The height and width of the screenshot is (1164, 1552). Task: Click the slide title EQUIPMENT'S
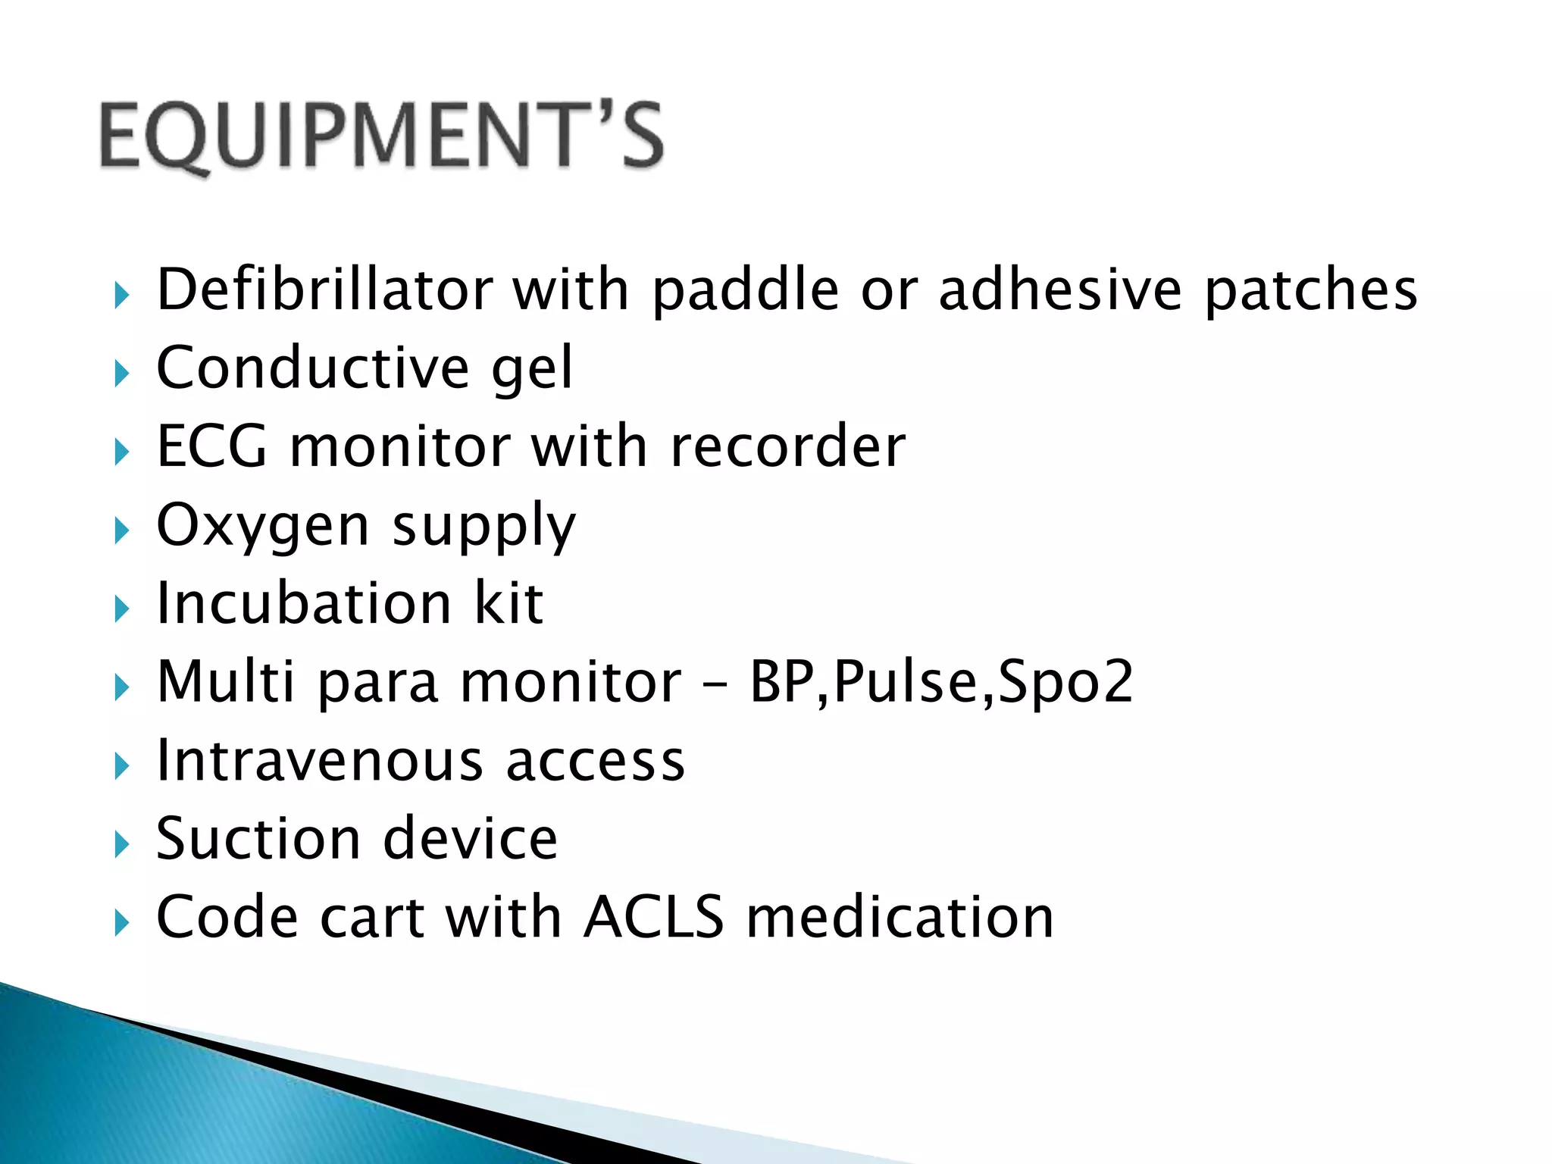point(381,136)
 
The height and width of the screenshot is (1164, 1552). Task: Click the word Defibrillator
point(324,290)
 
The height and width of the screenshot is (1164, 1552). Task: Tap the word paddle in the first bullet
point(745,290)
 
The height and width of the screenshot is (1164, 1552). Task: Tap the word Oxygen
point(262,527)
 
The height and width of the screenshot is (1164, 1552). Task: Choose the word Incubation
point(304,604)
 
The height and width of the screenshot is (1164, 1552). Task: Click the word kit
point(508,604)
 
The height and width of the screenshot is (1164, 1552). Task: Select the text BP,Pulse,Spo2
point(941,682)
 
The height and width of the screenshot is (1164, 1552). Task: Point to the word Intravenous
point(319,761)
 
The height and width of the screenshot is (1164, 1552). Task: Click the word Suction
point(258,839)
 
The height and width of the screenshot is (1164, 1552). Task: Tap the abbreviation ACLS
point(654,918)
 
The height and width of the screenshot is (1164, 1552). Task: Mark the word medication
point(900,918)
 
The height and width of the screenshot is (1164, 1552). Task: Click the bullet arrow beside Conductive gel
point(121,374)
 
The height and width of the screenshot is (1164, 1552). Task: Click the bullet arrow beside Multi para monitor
point(121,687)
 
